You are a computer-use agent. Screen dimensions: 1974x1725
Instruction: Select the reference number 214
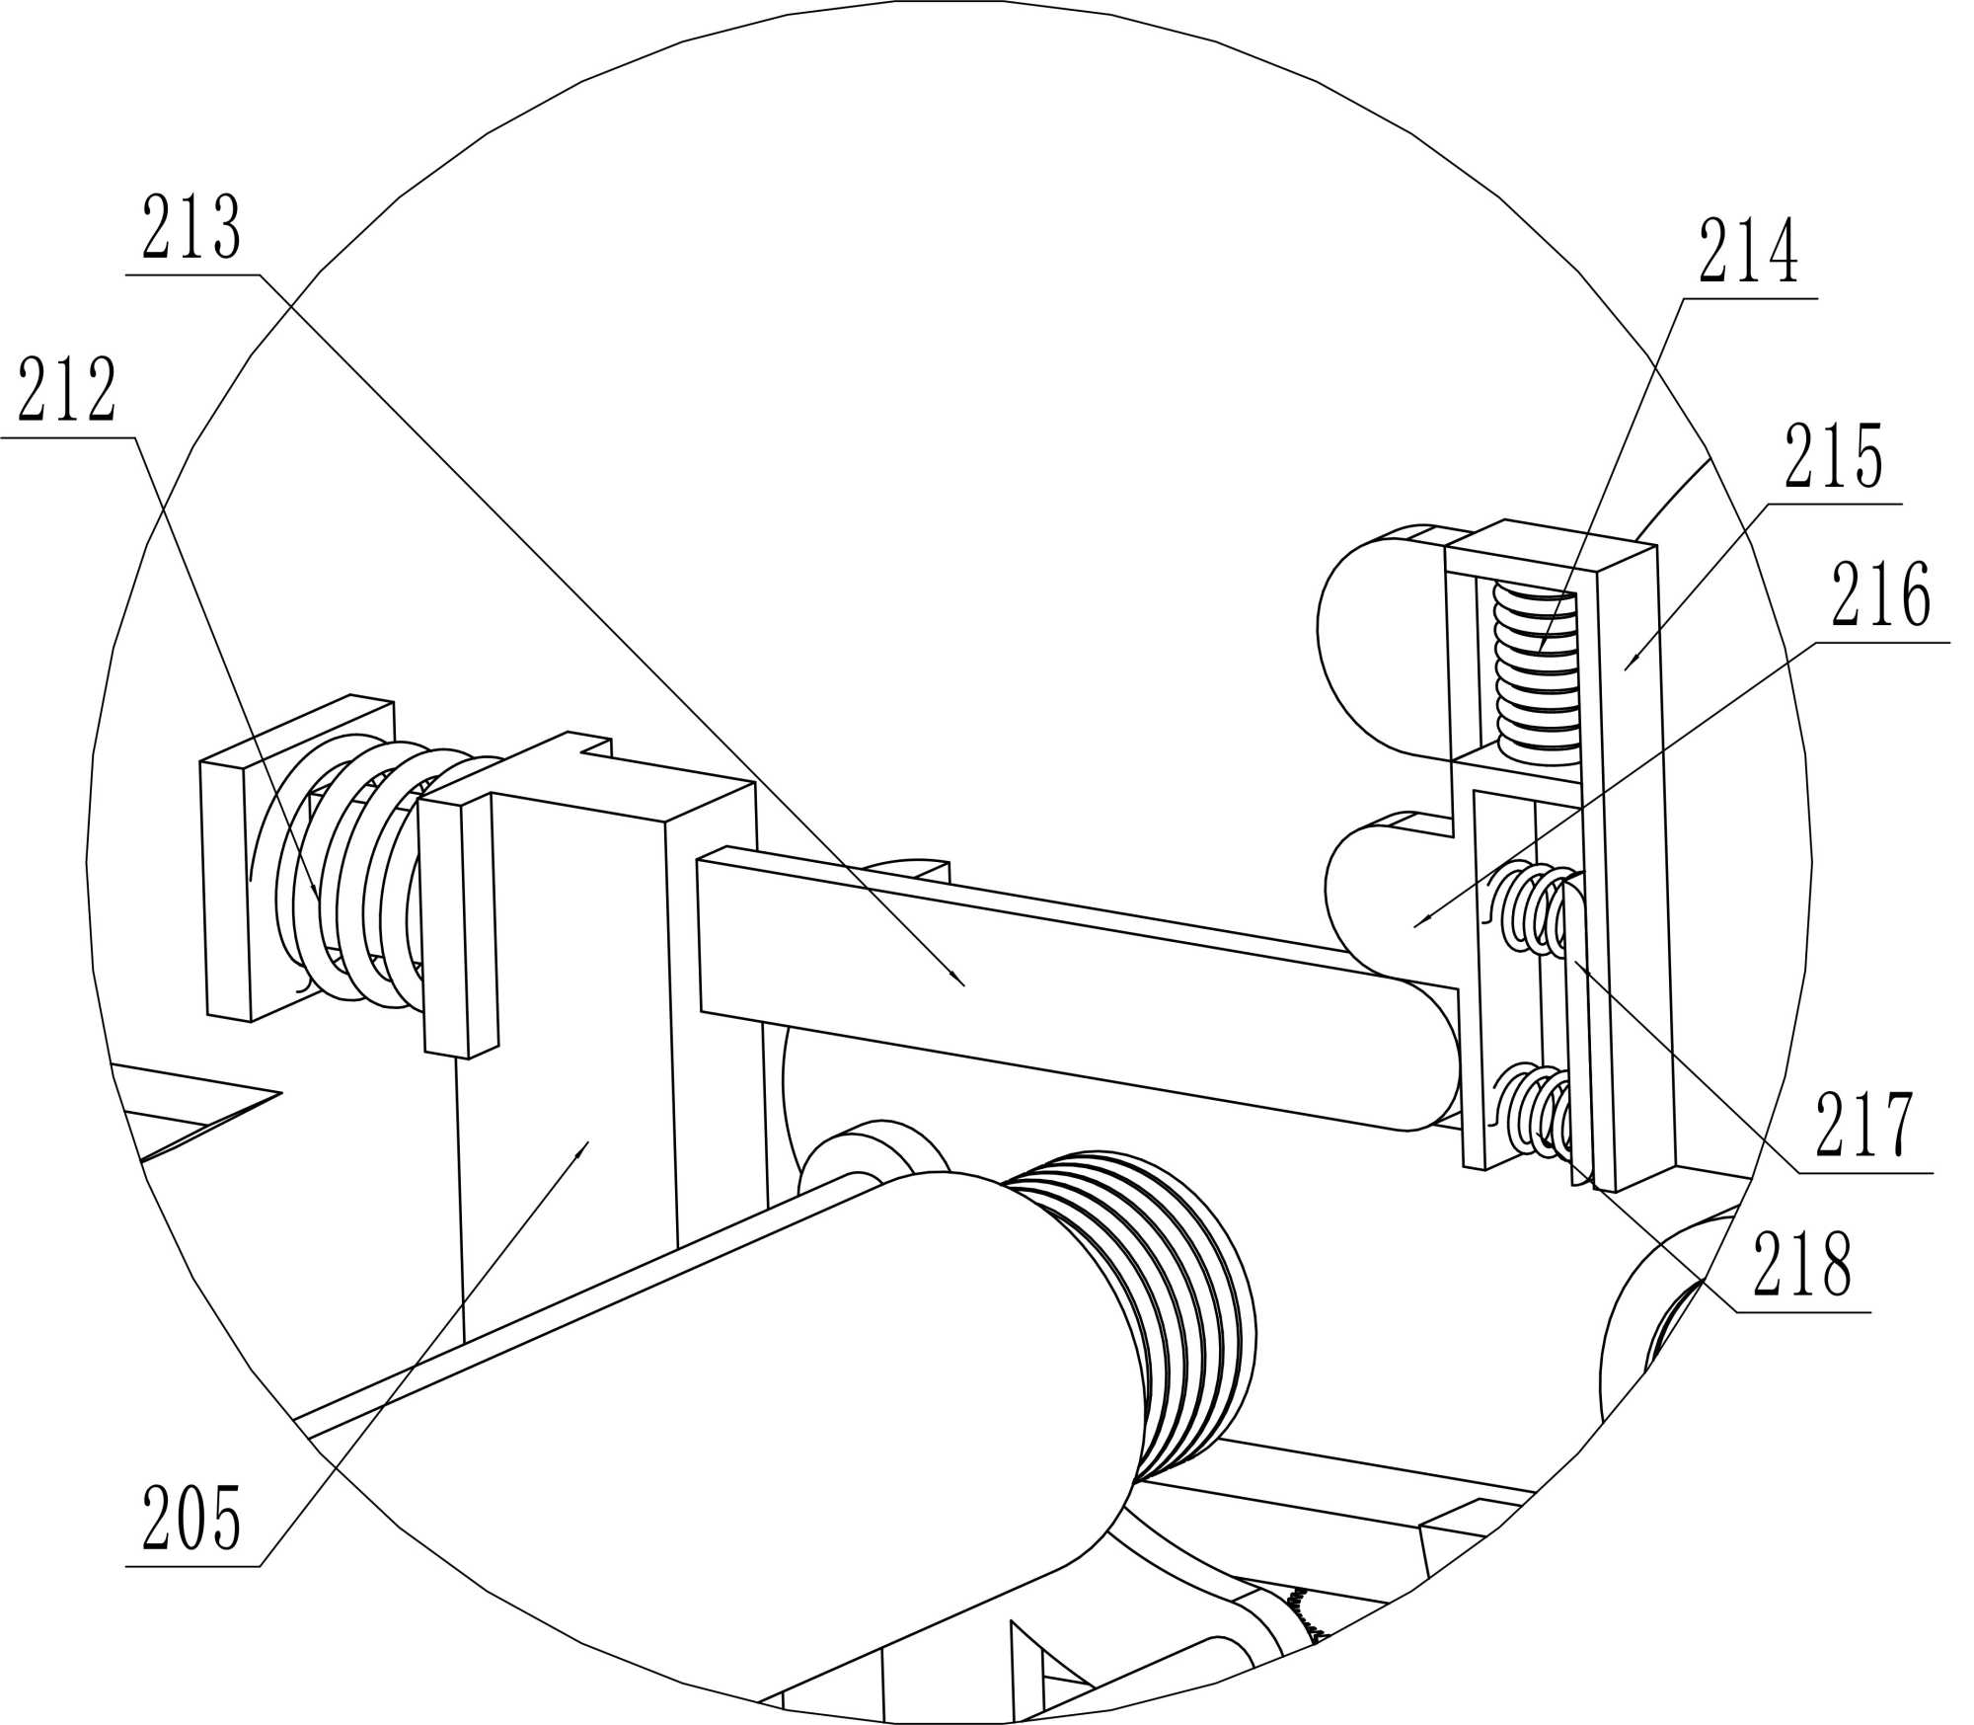pyautogui.click(x=1748, y=252)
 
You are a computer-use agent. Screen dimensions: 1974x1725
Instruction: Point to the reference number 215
pyautogui.click(x=1834, y=457)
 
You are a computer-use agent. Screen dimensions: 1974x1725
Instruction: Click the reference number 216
pyautogui.click(x=1880, y=595)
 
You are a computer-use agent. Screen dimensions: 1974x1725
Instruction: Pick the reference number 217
pyautogui.click(x=1864, y=1125)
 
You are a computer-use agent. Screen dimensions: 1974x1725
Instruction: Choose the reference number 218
pyautogui.click(x=1802, y=1265)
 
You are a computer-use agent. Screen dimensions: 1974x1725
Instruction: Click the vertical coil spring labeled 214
pyautogui.click(x=1536, y=673)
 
